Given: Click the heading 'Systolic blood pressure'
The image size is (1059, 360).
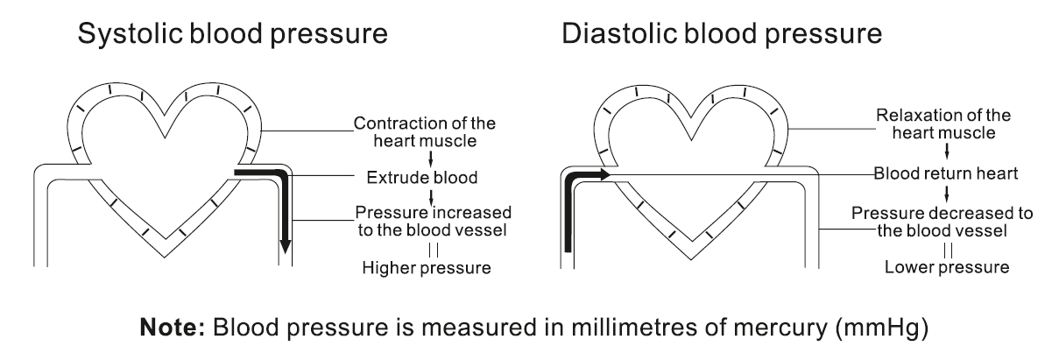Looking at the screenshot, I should pyautogui.click(x=233, y=38).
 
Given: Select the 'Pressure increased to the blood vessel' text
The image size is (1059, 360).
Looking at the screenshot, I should pyautogui.click(x=433, y=222).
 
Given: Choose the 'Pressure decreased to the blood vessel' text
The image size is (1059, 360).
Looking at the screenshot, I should pyautogui.click(x=943, y=222).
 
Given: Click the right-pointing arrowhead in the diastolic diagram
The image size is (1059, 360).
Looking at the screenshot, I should pyautogui.click(x=604, y=176).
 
